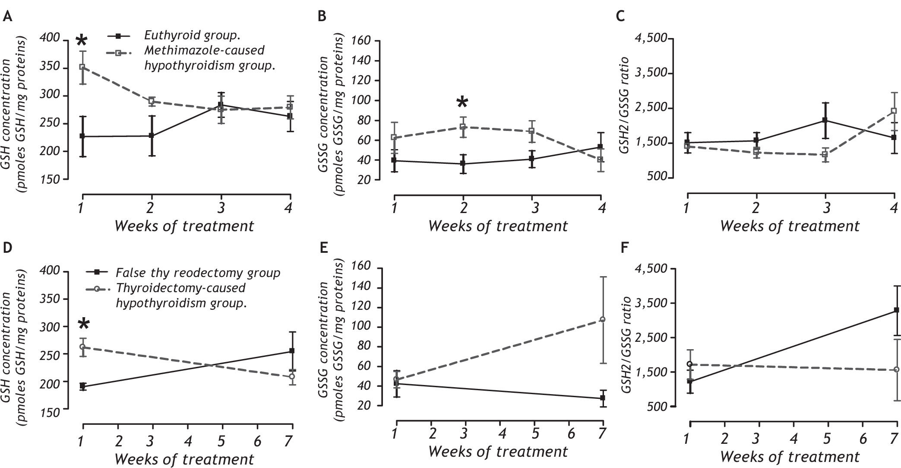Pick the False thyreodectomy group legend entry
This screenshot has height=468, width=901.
198,273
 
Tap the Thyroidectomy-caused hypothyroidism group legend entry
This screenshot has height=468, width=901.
180,296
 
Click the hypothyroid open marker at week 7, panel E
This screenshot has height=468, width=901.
602,320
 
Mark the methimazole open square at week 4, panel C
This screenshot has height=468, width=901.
893,111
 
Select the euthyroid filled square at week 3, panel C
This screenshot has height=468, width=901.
825,121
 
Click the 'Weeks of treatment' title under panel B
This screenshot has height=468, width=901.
498,226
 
